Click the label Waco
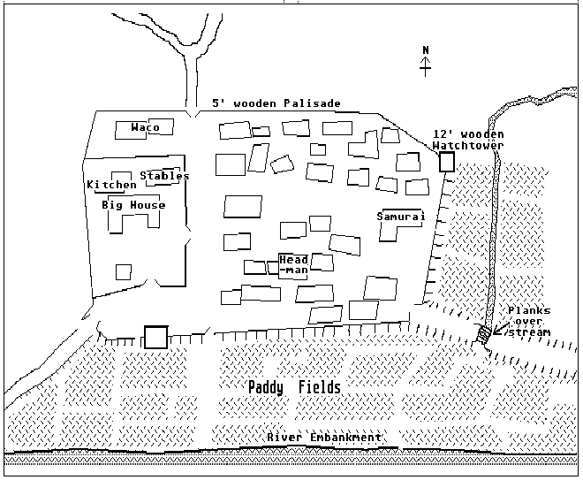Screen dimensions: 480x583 (145, 127)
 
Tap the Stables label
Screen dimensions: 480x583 (164, 176)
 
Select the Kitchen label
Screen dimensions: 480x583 (112, 186)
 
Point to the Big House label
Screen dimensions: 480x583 (133, 205)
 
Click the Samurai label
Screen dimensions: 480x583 (400, 216)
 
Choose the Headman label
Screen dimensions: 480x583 (293, 264)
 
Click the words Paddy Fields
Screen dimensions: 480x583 (294, 388)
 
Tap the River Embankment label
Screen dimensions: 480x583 (325, 438)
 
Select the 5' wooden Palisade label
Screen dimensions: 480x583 (276, 103)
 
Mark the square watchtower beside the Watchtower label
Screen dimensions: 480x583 (447, 162)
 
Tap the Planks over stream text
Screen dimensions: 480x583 (529, 322)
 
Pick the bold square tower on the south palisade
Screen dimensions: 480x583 (156, 337)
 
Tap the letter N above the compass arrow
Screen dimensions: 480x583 (425, 50)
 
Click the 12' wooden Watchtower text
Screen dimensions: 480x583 (468, 140)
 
